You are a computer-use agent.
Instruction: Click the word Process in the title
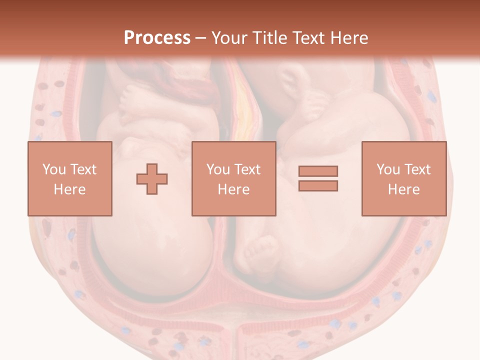coord(157,37)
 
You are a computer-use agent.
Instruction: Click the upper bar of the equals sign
coord(318,171)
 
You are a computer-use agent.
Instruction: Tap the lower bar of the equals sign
coord(318,185)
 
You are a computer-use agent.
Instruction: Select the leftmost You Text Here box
coord(70,178)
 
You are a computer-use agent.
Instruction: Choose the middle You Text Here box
coord(233,178)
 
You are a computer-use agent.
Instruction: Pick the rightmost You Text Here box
coord(403,178)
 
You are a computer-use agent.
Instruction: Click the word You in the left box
coord(54,169)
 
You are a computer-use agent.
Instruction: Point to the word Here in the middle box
coord(233,189)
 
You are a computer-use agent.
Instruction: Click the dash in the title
coord(201,38)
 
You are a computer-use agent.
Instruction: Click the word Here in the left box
coord(70,189)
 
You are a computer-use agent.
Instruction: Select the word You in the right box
coord(388,169)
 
